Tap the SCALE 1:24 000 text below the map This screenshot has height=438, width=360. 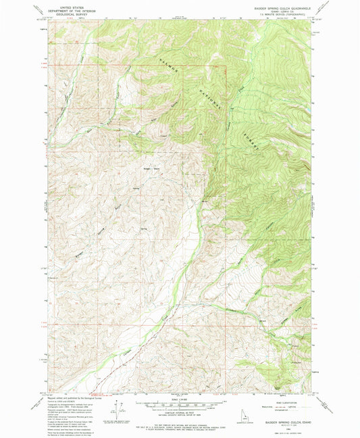coord(180,399)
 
